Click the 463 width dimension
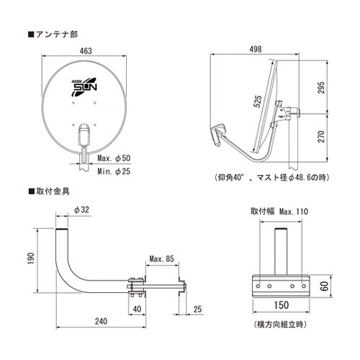(x=86, y=50)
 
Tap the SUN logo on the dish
(x=84, y=86)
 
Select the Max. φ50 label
(x=114, y=158)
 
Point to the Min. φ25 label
(x=114, y=171)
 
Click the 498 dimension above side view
(x=256, y=49)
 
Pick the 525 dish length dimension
(x=257, y=102)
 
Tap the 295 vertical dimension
(x=321, y=88)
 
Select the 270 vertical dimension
(x=321, y=137)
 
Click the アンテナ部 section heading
(x=53, y=35)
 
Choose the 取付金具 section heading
(x=49, y=192)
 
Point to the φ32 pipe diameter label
(x=81, y=210)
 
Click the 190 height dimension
(x=31, y=258)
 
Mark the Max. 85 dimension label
(x=161, y=258)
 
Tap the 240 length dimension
(x=101, y=321)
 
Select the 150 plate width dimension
(x=282, y=305)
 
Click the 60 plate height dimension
(x=325, y=286)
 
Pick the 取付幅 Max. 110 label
(x=279, y=212)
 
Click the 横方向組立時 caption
(x=280, y=325)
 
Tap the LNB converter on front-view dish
(x=84, y=135)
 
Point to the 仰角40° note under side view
(x=272, y=178)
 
